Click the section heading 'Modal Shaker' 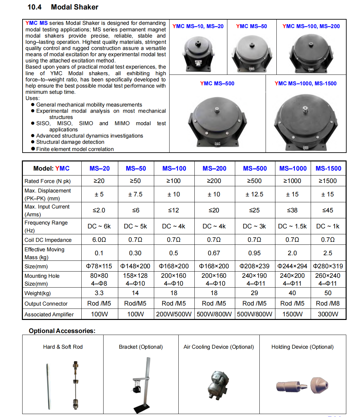tap(74, 7)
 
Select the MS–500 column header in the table tap(255, 169)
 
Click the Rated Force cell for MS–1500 tap(328, 181)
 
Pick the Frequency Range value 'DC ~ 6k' tap(99, 226)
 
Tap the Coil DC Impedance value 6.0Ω tap(99, 240)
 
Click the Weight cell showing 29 tap(254, 293)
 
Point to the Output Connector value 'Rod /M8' tap(328, 304)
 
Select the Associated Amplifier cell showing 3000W tap(328, 314)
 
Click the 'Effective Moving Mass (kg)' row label tap(44, 253)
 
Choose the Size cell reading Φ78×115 tap(99, 266)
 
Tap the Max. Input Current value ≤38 tap(292, 210)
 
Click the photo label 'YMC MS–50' tap(252, 26)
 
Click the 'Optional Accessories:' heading tap(62, 331)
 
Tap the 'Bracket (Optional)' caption tap(141, 347)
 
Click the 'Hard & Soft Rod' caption tap(63, 347)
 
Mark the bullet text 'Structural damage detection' tap(70, 142)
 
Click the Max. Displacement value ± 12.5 tap(254, 194)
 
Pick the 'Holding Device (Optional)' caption tap(303, 347)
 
